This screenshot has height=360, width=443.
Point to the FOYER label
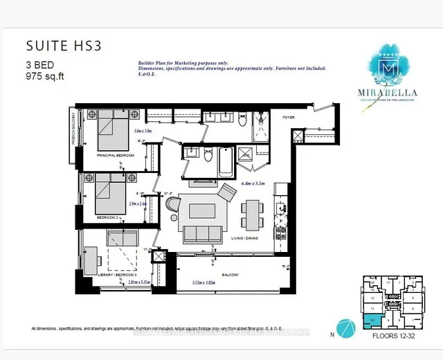coord(288,118)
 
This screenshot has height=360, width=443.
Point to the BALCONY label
coord(230,275)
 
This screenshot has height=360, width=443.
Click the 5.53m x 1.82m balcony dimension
coord(210,284)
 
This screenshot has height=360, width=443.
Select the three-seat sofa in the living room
coord(201,232)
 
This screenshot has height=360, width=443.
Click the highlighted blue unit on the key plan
coord(374,320)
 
